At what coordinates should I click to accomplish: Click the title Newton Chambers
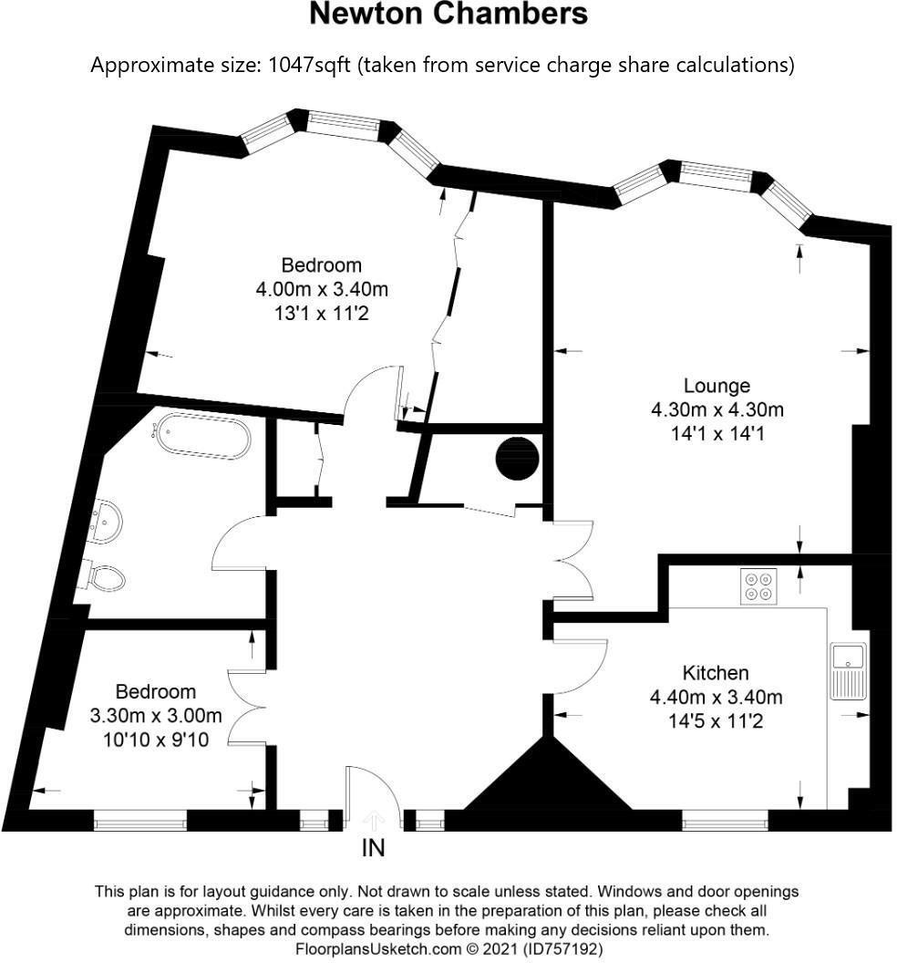pyautogui.click(x=448, y=15)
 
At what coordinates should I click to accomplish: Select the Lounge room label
pyautogui.click(x=717, y=385)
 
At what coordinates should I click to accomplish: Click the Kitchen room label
pyautogui.click(x=716, y=673)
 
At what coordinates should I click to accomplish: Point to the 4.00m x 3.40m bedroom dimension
pyautogui.click(x=321, y=290)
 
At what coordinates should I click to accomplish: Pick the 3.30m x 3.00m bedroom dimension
pyautogui.click(x=156, y=716)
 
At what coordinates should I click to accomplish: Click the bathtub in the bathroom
pyautogui.click(x=202, y=437)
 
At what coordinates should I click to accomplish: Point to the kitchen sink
pyautogui.click(x=850, y=671)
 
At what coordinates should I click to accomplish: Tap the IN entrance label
pyautogui.click(x=374, y=848)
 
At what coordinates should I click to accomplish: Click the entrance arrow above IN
pyautogui.click(x=374, y=821)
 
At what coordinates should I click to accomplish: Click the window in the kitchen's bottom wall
pyautogui.click(x=726, y=823)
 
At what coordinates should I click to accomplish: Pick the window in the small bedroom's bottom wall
pyautogui.click(x=140, y=823)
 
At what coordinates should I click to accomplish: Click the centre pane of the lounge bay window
pyautogui.click(x=717, y=175)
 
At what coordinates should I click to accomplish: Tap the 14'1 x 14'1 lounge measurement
pyautogui.click(x=717, y=434)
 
